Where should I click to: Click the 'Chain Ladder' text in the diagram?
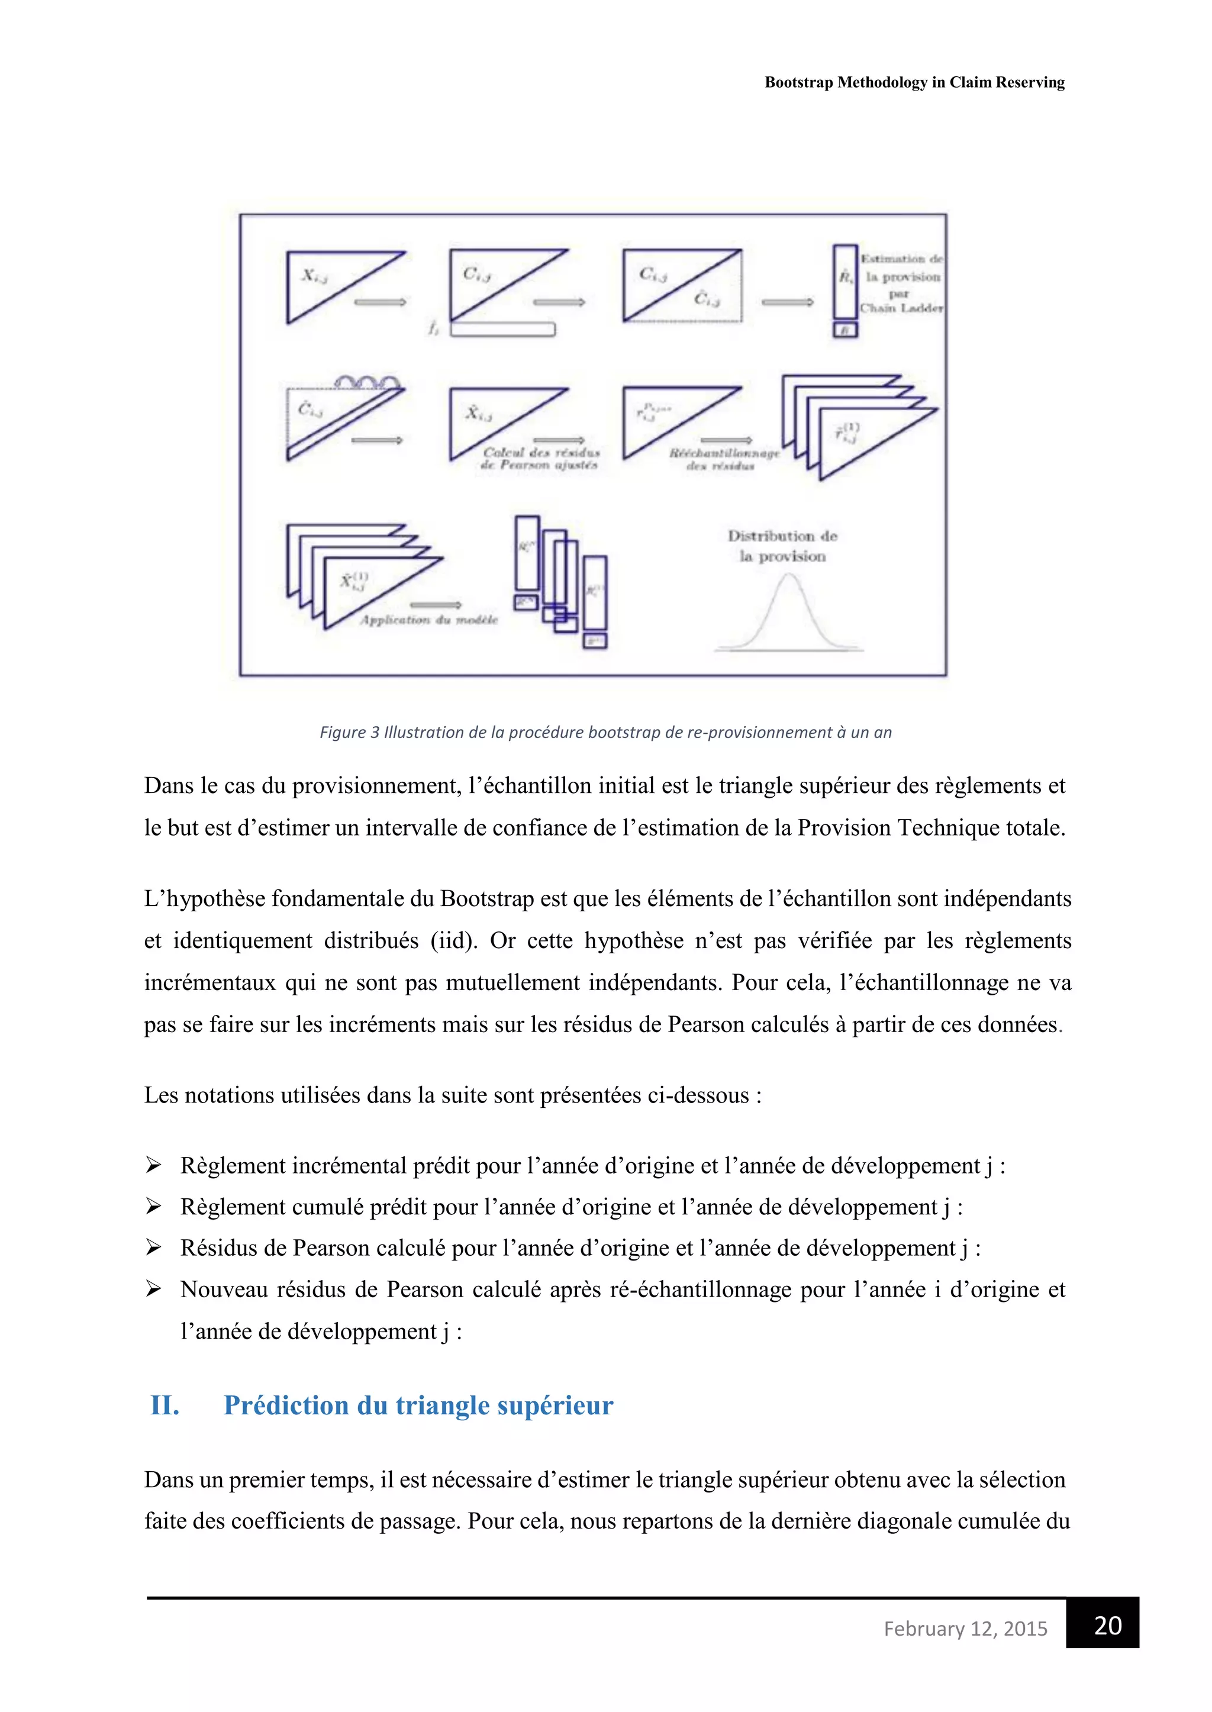tap(901, 308)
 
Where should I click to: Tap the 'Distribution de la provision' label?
tap(782, 546)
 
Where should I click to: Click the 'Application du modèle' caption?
tap(428, 620)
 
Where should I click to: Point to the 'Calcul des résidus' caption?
tap(541, 452)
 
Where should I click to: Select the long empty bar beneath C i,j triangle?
tap(502, 329)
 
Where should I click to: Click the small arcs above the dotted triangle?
tap(366, 382)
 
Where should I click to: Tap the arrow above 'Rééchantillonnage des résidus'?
tap(726, 440)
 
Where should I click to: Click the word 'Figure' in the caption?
tap(343, 732)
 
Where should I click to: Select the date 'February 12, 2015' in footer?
tap(965, 1629)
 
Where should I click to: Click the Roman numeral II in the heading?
tap(165, 1405)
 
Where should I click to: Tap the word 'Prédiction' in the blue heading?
tap(286, 1405)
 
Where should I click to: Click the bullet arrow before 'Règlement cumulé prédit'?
tap(154, 1206)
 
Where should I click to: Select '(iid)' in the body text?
tap(454, 940)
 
